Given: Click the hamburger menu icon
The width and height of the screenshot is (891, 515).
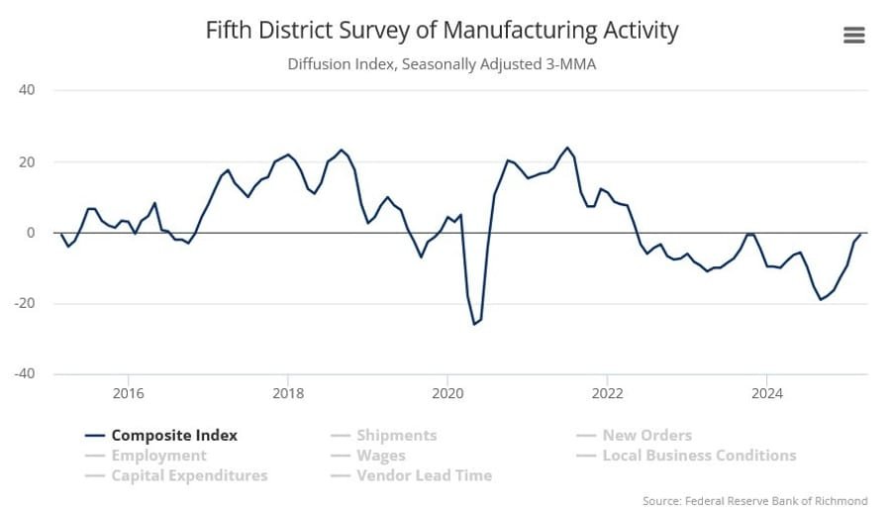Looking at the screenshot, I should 853,35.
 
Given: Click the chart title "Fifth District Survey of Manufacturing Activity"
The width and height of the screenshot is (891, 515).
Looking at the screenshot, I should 442,31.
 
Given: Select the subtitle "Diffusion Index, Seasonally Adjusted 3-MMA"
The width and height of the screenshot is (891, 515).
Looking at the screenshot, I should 442,64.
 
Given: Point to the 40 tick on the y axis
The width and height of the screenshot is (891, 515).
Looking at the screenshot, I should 27,90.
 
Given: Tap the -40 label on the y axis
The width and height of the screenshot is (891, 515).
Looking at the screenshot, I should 25,373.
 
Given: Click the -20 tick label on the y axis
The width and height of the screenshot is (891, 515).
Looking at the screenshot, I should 25,303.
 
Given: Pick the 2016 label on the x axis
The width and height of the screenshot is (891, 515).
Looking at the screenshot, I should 128,393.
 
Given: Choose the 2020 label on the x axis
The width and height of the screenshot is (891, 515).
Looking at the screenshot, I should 447,393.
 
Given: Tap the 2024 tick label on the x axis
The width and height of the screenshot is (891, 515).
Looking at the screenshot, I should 766,393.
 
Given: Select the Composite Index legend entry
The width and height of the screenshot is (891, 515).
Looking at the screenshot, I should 173,435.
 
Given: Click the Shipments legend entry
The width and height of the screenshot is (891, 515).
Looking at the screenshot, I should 396,435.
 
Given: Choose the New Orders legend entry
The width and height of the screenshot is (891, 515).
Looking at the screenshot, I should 646,435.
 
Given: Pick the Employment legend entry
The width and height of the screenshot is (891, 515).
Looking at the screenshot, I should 158,456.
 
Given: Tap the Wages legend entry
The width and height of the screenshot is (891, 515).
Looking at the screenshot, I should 380,456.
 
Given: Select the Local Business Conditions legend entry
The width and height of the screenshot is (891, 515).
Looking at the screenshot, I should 698,456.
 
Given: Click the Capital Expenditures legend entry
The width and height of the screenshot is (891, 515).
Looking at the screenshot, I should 188,475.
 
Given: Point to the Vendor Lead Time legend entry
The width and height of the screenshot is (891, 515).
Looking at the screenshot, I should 423,475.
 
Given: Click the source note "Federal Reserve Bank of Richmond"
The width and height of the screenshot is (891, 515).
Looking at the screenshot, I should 754,500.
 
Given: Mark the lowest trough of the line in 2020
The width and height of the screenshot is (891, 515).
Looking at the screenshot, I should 473,324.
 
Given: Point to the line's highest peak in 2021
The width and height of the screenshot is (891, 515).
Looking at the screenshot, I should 568,148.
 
